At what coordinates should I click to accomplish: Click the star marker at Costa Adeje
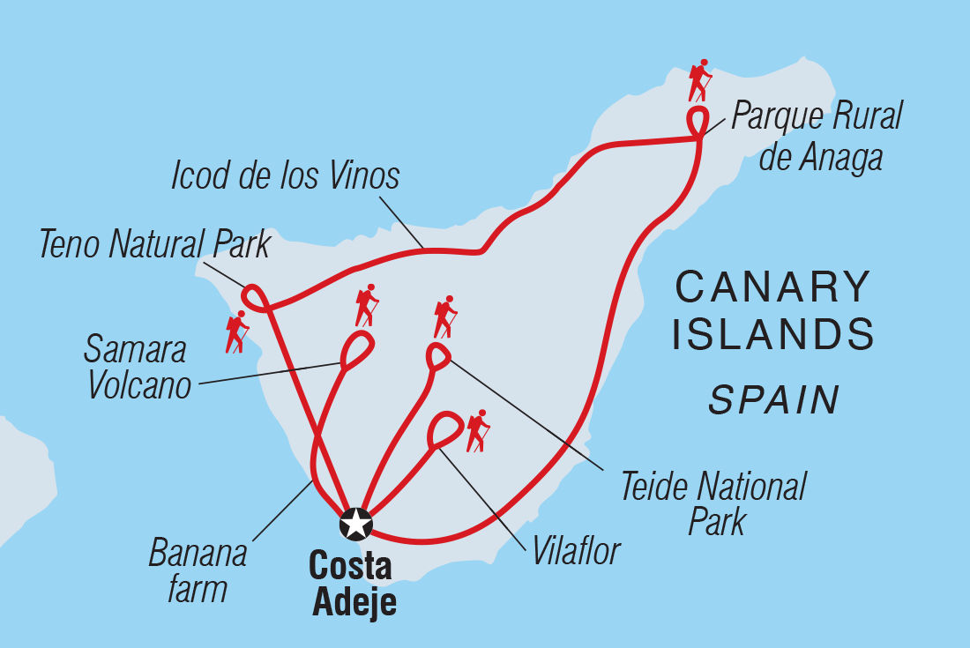(355, 524)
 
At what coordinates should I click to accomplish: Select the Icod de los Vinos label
(286, 176)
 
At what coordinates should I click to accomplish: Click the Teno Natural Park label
(155, 246)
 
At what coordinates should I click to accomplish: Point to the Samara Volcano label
(138, 368)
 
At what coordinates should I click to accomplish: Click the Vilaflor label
(577, 552)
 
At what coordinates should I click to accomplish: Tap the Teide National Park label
(713, 503)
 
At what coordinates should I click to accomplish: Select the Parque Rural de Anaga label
(817, 137)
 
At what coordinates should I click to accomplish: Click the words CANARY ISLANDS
(772, 311)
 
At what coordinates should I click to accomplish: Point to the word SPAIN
(773, 400)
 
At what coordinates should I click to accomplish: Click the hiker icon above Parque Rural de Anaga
(699, 81)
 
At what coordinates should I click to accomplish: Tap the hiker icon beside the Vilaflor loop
(478, 431)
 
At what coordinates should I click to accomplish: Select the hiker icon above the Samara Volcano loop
(367, 305)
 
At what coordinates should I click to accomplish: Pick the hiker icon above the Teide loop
(445, 317)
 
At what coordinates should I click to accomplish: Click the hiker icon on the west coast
(236, 332)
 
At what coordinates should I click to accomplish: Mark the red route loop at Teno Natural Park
(255, 298)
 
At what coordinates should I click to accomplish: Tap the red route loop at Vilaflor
(444, 430)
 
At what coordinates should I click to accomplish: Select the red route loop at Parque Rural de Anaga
(698, 121)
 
